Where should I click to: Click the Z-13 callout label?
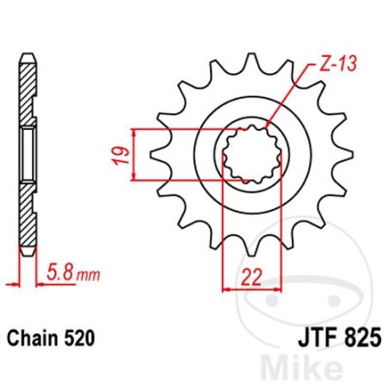point(338,64)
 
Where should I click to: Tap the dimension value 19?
point(120,156)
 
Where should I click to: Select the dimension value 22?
point(251,277)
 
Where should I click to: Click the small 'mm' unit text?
point(89,275)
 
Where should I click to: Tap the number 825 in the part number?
point(363,338)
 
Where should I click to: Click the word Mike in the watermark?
point(303,367)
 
